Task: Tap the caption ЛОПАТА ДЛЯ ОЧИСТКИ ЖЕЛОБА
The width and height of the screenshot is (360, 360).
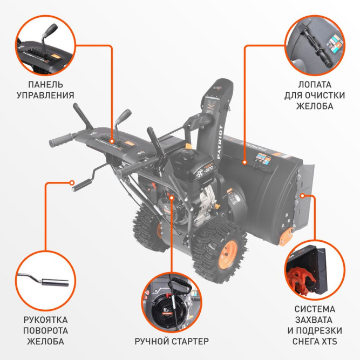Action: pos(315,95)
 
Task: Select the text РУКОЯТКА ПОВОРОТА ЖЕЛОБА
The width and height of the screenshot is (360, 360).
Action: pos(45,330)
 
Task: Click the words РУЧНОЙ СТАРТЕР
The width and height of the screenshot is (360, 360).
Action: pos(172,341)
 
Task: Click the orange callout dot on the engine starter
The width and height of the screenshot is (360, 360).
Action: pos(172,198)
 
